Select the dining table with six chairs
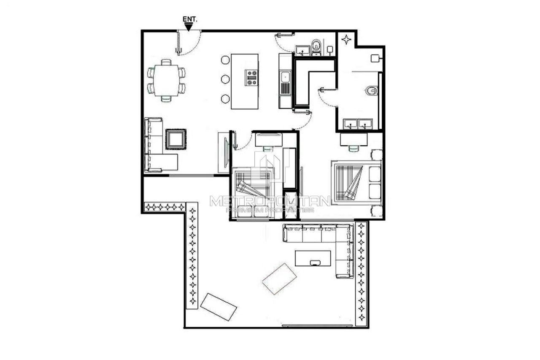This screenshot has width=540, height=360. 166,80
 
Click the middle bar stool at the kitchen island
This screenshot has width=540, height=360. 225,79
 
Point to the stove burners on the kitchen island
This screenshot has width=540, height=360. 251,78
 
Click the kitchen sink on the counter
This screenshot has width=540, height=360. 286,77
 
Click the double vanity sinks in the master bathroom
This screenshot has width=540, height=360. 357,124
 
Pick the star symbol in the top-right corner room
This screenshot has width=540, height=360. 346,40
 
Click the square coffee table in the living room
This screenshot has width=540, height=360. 175,139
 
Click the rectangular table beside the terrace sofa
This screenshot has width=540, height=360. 313,258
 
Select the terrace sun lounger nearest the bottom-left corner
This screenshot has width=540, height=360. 218,307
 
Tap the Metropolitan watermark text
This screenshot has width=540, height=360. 270,201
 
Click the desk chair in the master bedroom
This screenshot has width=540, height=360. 353,148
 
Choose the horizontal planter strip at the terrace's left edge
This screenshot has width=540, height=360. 165,207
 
